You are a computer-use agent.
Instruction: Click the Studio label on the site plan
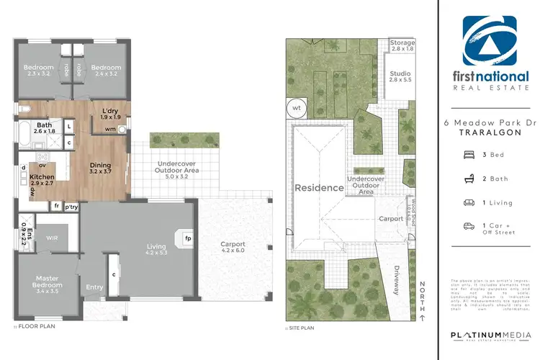click(x=400, y=77)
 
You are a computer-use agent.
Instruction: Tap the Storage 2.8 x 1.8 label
click(x=402, y=46)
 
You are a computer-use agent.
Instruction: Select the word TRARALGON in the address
click(x=490, y=135)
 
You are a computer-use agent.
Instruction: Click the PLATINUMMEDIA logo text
click(x=490, y=336)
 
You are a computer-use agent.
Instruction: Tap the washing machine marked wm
click(x=109, y=130)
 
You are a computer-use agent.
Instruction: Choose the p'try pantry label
click(x=71, y=207)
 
